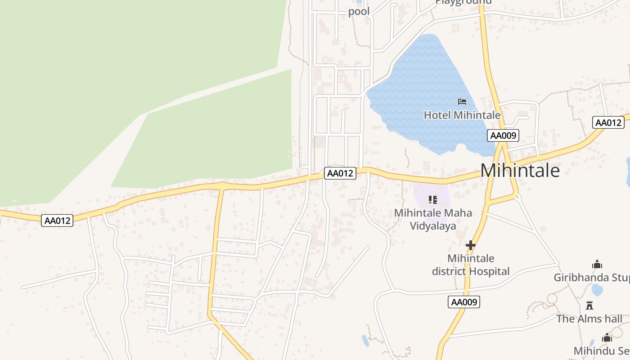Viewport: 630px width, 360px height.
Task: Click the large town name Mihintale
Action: tap(520, 171)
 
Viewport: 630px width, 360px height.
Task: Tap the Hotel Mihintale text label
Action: tap(462, 115)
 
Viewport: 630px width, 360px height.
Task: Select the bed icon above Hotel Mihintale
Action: tap(462, 102)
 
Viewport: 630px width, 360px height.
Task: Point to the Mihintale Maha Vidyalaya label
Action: tap(433, 219)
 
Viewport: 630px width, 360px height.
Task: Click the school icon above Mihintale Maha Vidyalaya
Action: tap(433, 199)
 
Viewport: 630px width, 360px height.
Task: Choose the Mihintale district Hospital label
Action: tap(471, 265)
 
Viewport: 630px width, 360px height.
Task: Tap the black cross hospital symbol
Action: tap(471, 245)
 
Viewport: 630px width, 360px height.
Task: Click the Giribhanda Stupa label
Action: tap(591, 277)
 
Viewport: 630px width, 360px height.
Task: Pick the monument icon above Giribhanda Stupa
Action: tap(597, 264)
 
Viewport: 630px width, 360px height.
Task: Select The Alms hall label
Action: tap(589, 319)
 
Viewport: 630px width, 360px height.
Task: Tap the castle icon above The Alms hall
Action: tap(589, 306)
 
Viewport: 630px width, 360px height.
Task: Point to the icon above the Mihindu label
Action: tap(607, 337)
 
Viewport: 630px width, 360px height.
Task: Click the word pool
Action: tap(359, 11)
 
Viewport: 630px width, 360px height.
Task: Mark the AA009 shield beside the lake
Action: tap(503, 135)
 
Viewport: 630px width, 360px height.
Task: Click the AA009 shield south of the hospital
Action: tap(464, 302)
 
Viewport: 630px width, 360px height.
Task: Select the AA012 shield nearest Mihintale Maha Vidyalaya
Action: tap(340, 173)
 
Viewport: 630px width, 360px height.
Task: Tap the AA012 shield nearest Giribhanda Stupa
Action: tap(608, 123)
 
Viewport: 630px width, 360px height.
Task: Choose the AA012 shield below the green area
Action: tap(57, 220)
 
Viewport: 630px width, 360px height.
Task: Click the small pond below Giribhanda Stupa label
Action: tap(597, 289)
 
